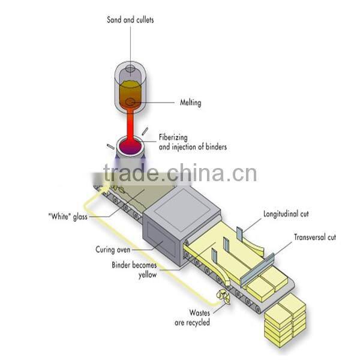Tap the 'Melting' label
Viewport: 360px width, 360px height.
point(190,103)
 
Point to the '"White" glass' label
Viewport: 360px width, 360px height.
point(67,216)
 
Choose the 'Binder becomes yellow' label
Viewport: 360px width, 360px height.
point(134,269)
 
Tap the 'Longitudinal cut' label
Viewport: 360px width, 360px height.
point(287,213)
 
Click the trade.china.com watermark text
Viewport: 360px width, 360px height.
point(180,173)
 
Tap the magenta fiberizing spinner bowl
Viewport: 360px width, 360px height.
point(128,146)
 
